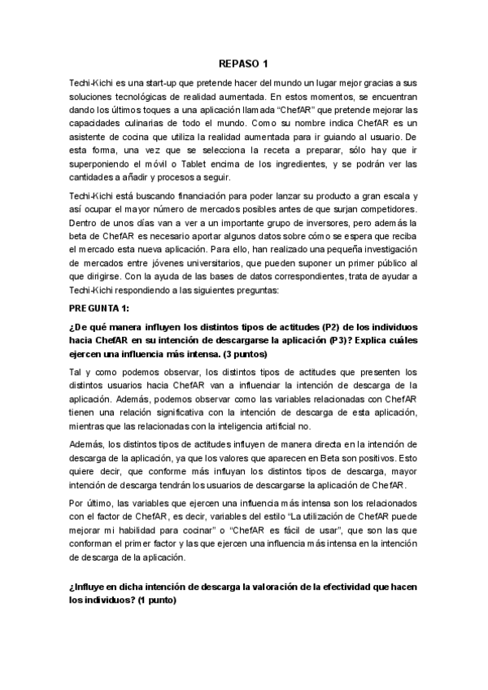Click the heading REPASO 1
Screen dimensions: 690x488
(243, 63)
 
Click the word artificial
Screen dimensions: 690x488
(286, 427)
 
